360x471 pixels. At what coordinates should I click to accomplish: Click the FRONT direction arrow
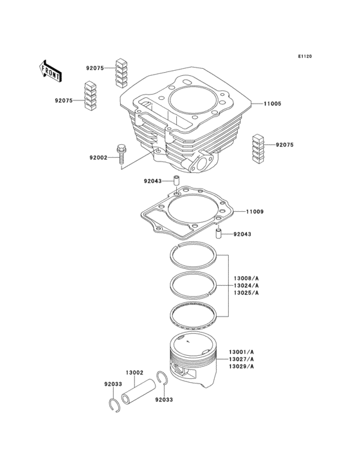pyautogui.click(x=51, y=69)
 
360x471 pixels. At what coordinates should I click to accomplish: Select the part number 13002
pyautogui.click(x=134, y=373)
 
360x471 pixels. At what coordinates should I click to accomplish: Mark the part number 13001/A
pyautogui.click(x=241, y=351)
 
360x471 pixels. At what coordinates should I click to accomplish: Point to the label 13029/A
pyautogui.click(x=241, y=367)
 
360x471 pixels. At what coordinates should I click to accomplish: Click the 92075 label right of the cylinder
pyautogui.click(x=285, y=145)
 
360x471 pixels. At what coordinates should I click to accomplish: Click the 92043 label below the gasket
pyautogui.click(x=242, y=234)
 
